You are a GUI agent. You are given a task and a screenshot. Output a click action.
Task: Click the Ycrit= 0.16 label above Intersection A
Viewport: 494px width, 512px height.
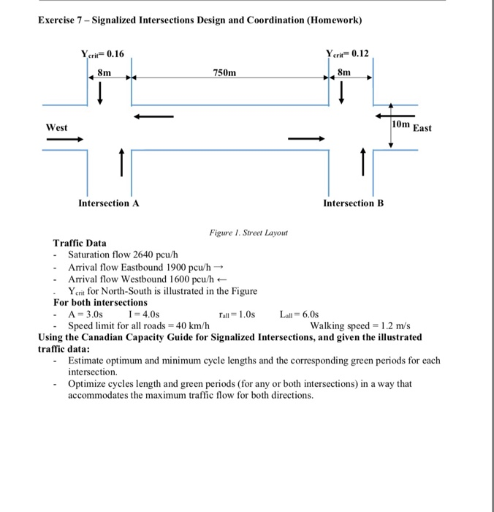(102, 53)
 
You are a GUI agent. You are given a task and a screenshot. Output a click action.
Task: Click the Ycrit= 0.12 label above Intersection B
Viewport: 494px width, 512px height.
(349, 53)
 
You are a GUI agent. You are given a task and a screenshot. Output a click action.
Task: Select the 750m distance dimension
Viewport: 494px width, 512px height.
(225, 73)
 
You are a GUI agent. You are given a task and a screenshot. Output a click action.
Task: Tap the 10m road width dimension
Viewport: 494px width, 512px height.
(401, 125)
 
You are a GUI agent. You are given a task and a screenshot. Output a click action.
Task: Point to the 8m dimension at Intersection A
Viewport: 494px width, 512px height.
(105, 72)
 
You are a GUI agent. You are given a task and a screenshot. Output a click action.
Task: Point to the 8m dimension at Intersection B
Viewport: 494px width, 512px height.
(345, 72)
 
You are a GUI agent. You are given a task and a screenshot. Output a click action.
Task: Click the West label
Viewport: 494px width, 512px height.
(57, 127)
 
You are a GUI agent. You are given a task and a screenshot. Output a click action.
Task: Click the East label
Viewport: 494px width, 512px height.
(423, 128)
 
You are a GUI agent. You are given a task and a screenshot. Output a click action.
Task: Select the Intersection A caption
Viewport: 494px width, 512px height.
(109, 203)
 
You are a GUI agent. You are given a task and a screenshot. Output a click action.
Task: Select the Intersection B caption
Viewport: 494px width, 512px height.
(353, 203)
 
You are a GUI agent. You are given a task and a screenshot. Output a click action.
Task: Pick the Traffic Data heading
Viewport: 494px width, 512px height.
(80, 243)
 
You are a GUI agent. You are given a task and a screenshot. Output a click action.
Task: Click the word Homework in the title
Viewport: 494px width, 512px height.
(334, 19)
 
